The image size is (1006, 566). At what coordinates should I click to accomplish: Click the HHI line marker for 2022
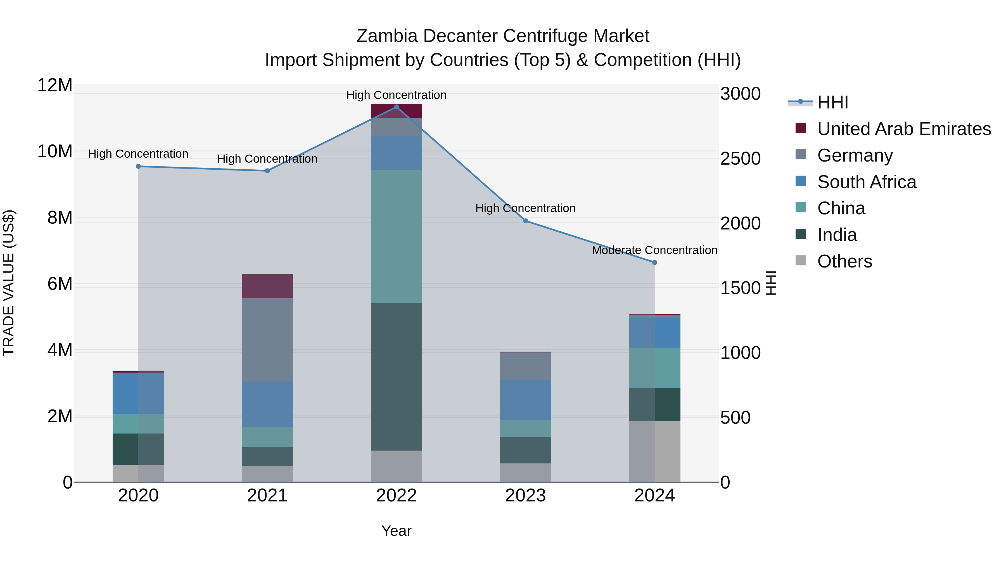[396, 107]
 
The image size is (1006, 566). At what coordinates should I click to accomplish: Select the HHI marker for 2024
[654, 262]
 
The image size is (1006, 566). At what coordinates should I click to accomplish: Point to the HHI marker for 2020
[138, 166]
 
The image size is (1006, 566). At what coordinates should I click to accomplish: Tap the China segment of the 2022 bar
[396, 236]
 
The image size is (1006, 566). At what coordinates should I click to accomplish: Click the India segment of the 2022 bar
[396, 377]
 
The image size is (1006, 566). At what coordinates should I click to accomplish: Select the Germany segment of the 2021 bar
[267, 340]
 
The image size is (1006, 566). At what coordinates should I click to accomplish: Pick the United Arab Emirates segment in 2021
[267, 286]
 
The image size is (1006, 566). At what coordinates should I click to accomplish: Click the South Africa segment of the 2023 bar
[525, 400]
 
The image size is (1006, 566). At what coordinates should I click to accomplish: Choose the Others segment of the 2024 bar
[654, 452]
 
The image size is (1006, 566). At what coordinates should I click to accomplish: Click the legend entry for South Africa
[867, 182]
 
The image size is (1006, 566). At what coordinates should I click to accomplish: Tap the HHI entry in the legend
[832, 102]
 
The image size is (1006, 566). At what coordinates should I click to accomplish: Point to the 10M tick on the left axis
[55, 151]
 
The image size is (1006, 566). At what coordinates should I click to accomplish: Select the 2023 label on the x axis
[525, 496]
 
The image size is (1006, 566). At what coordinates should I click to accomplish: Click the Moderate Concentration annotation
[654, 250]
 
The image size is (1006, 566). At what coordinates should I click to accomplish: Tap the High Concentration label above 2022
[396, 95]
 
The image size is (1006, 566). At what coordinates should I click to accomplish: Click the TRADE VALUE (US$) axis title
[9, 283]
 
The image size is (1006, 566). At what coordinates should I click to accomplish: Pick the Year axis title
[396, 531]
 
